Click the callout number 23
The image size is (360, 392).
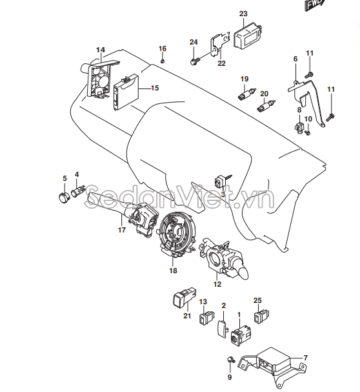(243, 14)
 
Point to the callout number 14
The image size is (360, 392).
(100, 50)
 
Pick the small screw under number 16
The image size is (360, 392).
(163, 61)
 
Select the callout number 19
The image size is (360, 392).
(245, 79)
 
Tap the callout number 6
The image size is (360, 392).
(295, 59)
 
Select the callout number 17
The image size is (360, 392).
(121, 229)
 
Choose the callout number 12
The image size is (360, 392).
(217, 284)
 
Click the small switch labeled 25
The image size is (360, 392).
(261, 316)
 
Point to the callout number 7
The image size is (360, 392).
(305, 358)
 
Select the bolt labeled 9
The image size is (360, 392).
(230, 360)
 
